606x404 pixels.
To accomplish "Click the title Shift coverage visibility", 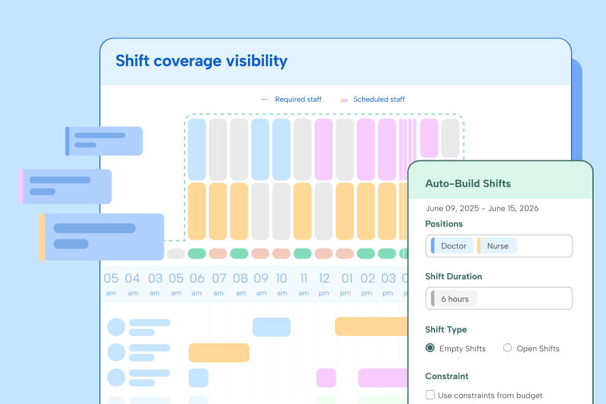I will (201, 61).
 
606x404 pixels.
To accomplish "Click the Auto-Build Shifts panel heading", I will (468, 183).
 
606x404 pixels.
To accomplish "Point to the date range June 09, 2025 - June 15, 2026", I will (482, 208).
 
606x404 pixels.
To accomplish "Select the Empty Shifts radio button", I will (430, 348).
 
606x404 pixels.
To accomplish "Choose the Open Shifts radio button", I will (507, 348).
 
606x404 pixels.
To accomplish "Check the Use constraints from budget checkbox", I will (430, 395).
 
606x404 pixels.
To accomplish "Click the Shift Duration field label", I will (453, 276).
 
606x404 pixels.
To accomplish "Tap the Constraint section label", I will (446, 376).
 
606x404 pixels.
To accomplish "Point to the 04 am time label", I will (133, 282).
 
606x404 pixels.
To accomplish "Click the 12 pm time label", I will (324, 282).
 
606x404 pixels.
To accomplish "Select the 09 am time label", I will (261, 282).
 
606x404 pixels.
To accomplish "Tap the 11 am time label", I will (304, 282).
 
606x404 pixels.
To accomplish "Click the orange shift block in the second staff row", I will (219, 353).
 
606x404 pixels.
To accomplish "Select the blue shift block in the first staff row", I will (272, 327).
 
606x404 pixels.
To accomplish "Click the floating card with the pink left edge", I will (66, 187).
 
